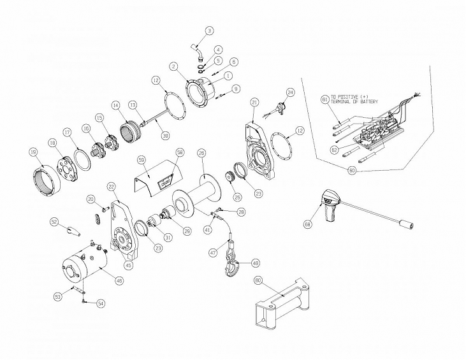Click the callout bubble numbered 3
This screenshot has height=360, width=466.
210,30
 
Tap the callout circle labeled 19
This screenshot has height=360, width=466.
33,152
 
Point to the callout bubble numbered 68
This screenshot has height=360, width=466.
309,224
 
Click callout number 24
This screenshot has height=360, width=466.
291,92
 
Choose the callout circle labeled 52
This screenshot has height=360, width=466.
54,222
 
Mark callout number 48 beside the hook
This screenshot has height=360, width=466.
255,263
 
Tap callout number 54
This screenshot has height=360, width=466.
101,305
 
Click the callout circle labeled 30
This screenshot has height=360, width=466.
165,135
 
